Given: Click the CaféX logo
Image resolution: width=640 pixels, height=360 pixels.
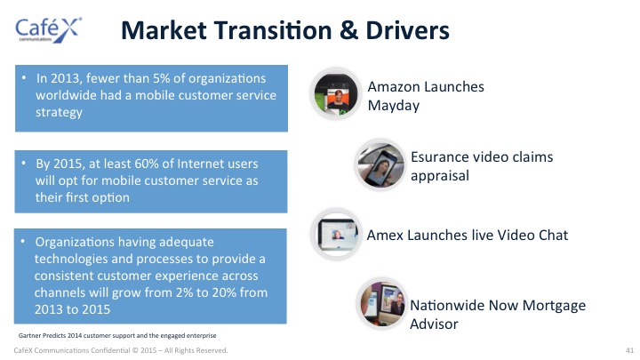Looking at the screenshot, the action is (x=49, y=30).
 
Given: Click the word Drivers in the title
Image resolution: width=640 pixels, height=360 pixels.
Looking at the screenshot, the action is (x=407, y=30).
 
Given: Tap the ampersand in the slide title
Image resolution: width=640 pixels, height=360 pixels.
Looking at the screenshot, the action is (x=348, y=30).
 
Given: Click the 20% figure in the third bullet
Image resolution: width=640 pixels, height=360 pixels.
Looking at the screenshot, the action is (x=224, y=292).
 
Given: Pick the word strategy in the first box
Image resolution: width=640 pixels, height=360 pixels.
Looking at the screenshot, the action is (x=59, y=113).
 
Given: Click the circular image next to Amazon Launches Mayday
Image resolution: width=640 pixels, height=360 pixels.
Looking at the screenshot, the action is (x=335, y=94).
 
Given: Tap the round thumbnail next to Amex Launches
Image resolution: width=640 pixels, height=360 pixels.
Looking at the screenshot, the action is (x=336, y=235).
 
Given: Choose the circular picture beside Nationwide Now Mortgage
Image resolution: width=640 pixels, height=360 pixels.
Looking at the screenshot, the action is (x=381, y=304).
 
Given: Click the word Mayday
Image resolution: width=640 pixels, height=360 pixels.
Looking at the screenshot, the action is (x=394, y=106).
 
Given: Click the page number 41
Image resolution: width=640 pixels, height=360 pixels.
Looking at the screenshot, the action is (x=629, y=350).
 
